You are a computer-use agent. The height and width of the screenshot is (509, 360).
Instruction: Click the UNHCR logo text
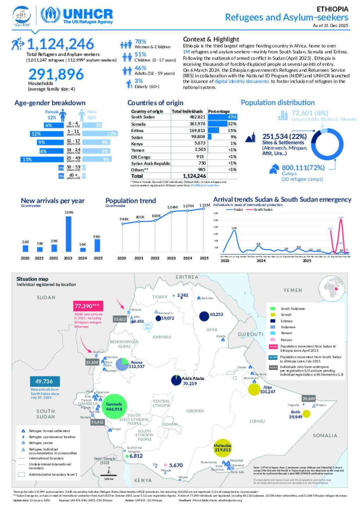pyautogui.click(x=88, y=14)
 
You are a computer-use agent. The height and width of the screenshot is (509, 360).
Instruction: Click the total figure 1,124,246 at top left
pyautogui.click(x=60, y=44)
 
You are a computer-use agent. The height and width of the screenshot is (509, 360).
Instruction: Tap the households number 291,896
pyautogui.click(x=56, y=74)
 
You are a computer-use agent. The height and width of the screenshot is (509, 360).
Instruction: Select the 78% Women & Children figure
pyautogui.click(x=140, y=41)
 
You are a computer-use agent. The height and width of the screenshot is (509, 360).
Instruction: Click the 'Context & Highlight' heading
pyautogui.click(x=211, y=39)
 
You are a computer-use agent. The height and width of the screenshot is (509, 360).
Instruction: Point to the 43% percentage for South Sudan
pyautogui.click(x=232, y=117)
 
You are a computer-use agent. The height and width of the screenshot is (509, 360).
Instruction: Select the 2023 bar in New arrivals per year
pyautogui.click(x=69, y=234)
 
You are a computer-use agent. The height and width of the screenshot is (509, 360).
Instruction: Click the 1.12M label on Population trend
pyautogui.click(x=205, y=205)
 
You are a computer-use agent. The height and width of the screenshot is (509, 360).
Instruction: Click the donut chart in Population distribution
pyautogui.click(x=327, y=144)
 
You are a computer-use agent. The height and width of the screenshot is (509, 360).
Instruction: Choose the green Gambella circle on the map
pyautogui.click(x=114, y=407)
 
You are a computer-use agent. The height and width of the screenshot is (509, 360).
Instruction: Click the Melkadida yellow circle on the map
pyautogui.click(x=223, y=448)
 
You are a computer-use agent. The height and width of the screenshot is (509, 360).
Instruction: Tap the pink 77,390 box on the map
pyautogui.click(x=88, y=306)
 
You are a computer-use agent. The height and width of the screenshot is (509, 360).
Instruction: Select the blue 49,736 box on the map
pyautogui.click(x=45, y=381)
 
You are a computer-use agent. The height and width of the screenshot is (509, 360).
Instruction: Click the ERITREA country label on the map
pyautogui.click(x=187, y=277)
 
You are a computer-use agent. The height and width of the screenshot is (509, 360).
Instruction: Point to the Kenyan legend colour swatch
pyautogui.click(x=272, y=340)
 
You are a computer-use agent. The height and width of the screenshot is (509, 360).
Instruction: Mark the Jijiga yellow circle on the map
pyautogui.click(x=254, y=389)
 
